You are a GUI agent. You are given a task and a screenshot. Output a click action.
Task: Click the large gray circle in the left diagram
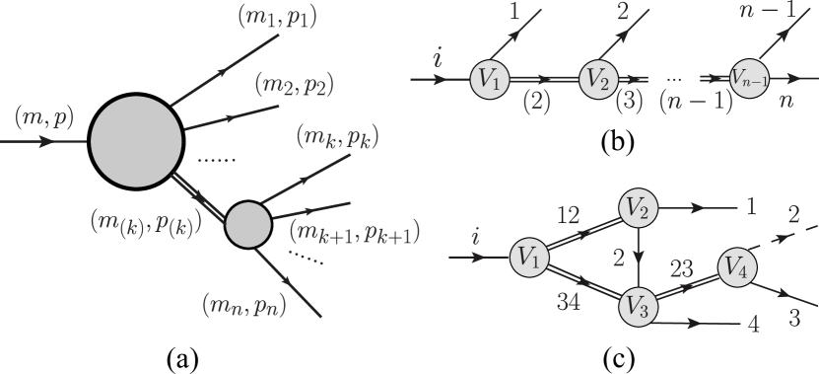click(x=136, y=141)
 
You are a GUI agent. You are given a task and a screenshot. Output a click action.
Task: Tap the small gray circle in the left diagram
click(x=248, y=225)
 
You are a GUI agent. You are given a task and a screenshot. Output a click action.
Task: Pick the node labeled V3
click(x=638, y=307)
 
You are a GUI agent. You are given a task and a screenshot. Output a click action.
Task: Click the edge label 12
click(x=569, y=214)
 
